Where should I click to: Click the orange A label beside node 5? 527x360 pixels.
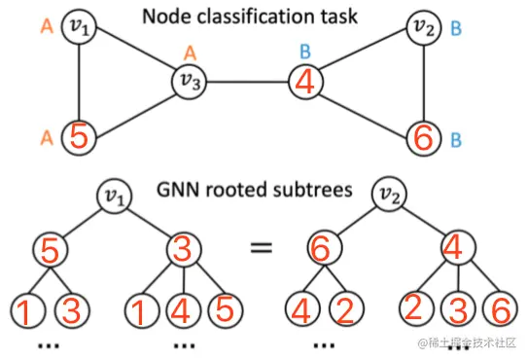45,137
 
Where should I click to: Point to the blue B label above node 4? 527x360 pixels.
304,51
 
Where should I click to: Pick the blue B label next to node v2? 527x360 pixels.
456,29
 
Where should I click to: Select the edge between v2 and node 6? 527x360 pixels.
424,82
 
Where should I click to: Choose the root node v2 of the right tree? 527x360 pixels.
390,198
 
